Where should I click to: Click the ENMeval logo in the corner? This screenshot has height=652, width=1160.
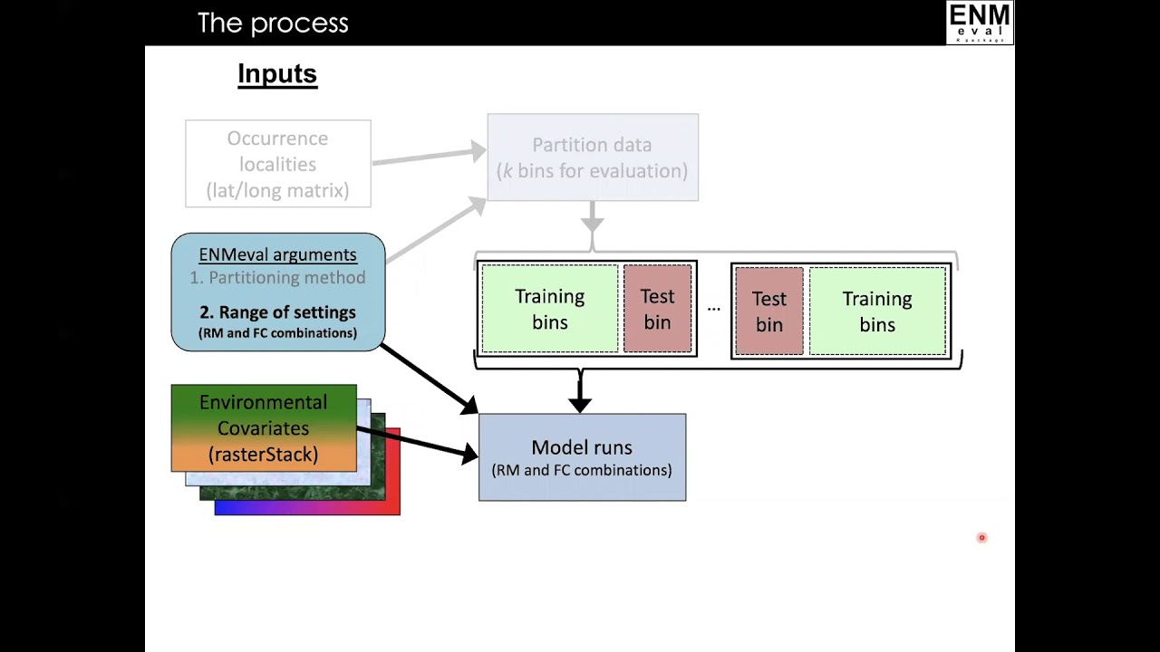click(x=980, y=23)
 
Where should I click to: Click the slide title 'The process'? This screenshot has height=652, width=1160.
click(x=273, y=24)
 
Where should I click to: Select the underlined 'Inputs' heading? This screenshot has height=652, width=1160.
click(x=277, y=74)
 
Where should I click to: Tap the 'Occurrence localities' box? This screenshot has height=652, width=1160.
click(x=278, y=164)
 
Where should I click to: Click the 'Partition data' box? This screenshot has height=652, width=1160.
click(x=593, y=158)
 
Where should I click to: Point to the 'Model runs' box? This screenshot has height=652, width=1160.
click(x=583, y=457)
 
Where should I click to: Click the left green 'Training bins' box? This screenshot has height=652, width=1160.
click(x=550, y=309)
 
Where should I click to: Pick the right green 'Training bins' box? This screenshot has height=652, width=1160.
click(x=878, y=311)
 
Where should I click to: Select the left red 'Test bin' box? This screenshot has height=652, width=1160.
click(x=658, y=309)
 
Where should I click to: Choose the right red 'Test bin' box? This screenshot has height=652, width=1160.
click(x=769, y=311)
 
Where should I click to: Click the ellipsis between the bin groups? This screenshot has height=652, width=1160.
click(x=713, y=310)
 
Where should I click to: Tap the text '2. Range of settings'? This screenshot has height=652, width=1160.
click(x=277, y=312)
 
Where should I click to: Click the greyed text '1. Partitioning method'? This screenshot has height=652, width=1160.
click(x=277, y=278)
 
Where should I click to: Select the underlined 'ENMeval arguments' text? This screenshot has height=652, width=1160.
click(x=277, y=254)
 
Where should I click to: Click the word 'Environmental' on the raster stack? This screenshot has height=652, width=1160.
click(x=263, y=402)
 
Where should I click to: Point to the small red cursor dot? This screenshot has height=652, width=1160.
click(x=981, y=538)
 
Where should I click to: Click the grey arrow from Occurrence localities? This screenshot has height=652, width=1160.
click(x=430, y=157)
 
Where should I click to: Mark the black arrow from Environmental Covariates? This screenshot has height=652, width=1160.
click(x=418, y=443)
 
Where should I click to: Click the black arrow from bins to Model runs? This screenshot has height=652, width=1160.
click(x=581, y=390)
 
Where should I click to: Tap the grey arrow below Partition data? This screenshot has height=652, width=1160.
click(x=593, y=216)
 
